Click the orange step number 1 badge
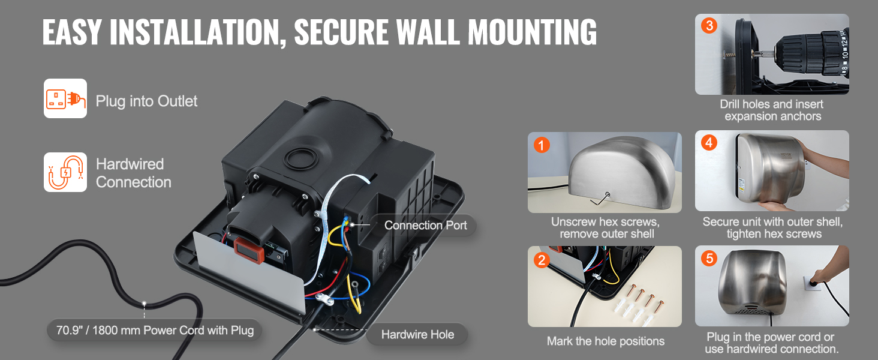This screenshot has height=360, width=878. (x=542, y=146)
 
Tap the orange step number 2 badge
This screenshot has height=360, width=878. (x=542, y=260)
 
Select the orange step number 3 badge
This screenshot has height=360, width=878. (x=709, y=26)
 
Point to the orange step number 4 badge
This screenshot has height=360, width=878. (x=709, y=143)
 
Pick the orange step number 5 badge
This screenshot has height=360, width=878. (x=709, y=259)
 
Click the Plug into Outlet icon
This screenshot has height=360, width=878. (x=65, y=98)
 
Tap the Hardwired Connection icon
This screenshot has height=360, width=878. (x=65, y=172)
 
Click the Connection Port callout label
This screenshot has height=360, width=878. (x=425, y=226)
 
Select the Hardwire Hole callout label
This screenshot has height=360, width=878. (x=417, y=335)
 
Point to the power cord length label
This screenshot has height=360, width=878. (x=155, y=330)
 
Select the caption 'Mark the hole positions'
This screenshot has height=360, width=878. (x=605, y=341)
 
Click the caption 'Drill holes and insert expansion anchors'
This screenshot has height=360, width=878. (x=772, y=110)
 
